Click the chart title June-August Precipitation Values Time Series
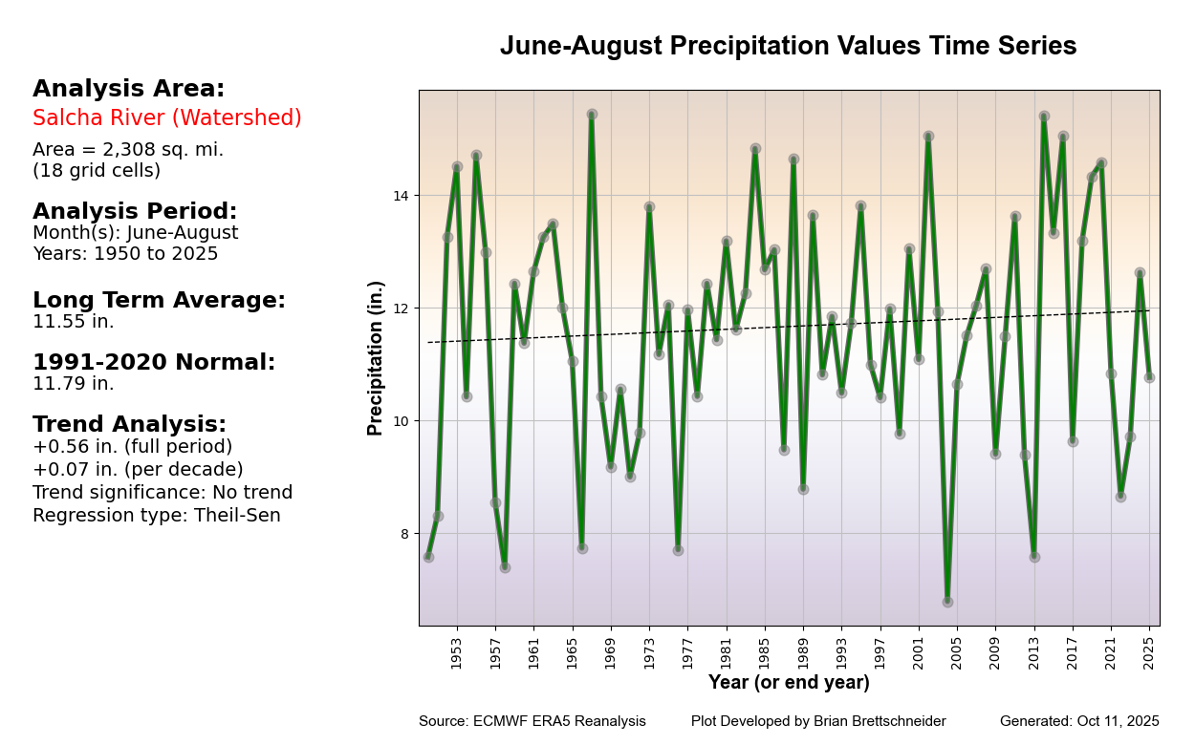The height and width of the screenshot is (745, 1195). point(788,46)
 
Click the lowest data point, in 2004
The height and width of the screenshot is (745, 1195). point(947,602)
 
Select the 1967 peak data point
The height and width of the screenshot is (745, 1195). point(592,115)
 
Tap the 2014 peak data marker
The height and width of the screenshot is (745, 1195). point(1044,116)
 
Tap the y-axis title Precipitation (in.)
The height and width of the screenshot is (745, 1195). point(376,358)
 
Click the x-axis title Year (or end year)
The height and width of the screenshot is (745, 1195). point(789,683)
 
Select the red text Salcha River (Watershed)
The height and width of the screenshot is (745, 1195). point(167,118)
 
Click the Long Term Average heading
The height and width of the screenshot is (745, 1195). point(159,301)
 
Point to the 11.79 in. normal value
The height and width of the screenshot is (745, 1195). point(74,384)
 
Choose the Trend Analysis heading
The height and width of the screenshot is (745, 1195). point(129,425)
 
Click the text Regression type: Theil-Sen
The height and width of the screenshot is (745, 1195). point(157,516)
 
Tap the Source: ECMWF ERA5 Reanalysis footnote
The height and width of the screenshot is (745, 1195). point(532,721)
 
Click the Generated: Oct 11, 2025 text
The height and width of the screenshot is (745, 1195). point(1079,721)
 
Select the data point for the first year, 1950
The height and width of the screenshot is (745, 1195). point(428,557)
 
